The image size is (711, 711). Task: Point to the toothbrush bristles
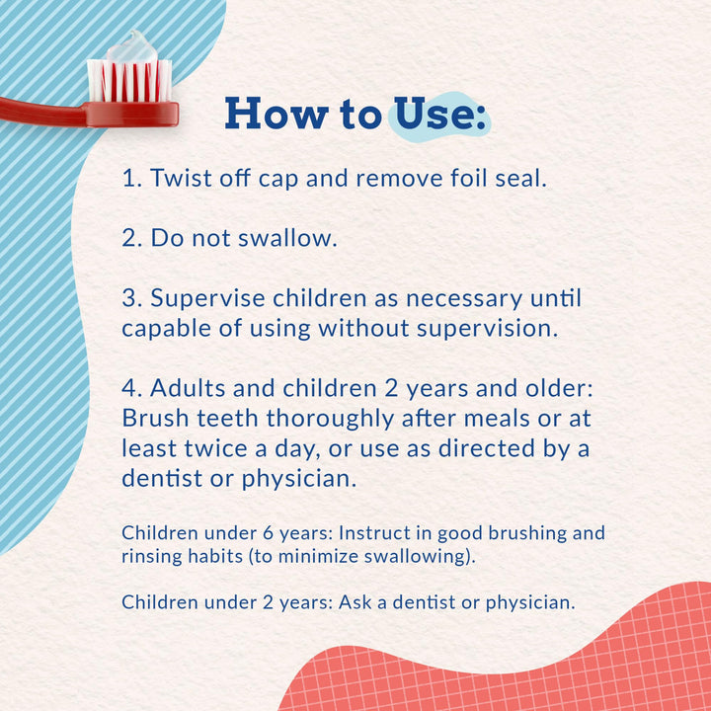[129, 80]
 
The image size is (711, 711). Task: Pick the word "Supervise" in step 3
[210, 298]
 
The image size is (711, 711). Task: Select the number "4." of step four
[133, 388]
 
